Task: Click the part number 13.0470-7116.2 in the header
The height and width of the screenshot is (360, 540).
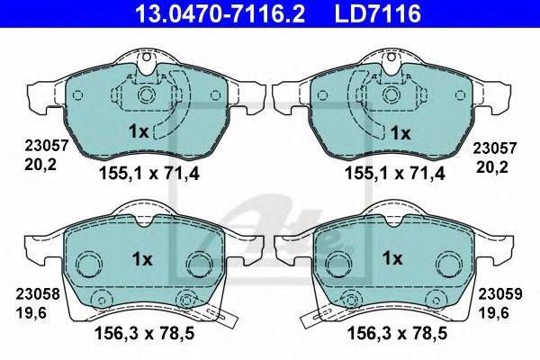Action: tap(220, 13)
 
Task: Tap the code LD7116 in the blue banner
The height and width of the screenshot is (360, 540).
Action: tap(378, 13)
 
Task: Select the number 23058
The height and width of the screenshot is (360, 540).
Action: tap(38, 294)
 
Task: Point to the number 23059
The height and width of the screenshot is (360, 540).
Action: tap(500, 294)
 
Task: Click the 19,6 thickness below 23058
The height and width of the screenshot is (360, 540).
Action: tap(31, 313)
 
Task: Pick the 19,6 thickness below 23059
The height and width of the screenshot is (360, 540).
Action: tap(493, 313)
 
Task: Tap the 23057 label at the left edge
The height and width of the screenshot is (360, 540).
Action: tap(47, 146)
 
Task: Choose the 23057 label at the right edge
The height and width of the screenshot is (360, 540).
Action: tap(494, 148)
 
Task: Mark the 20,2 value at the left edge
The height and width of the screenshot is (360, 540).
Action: tap(40, 166)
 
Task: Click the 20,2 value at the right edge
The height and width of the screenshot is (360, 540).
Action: tap(491, 167)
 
